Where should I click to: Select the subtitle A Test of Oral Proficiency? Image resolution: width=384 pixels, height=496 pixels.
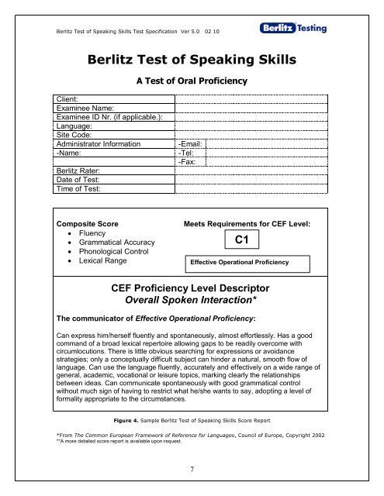tap(191, 81)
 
